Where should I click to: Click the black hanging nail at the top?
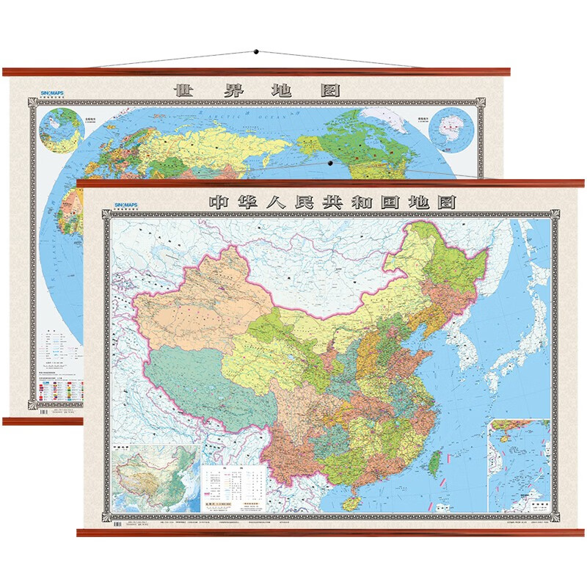click(x=256, y=52)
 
